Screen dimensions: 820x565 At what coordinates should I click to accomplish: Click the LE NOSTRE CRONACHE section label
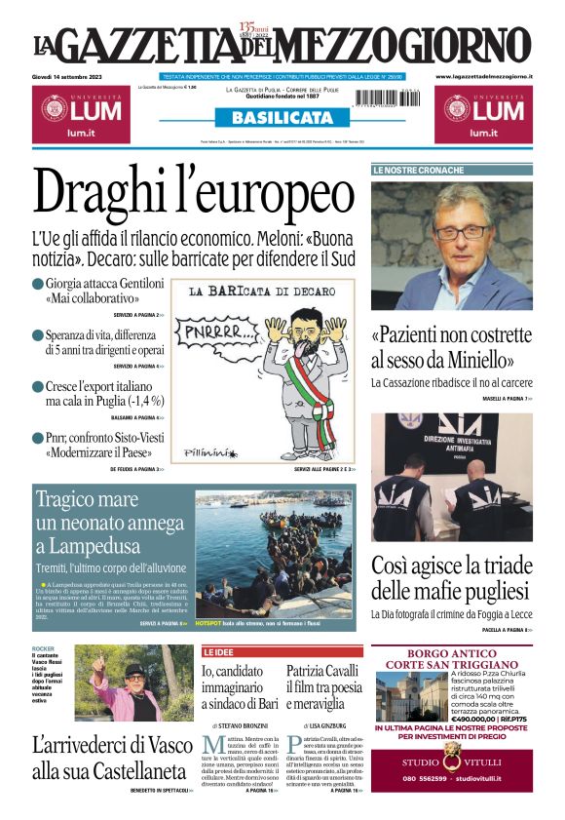(x=419, y=170)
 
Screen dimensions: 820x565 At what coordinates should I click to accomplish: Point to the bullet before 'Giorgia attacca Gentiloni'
(x=37, y=283)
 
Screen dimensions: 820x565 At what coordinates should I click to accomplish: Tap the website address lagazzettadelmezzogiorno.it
(x=483, y=76)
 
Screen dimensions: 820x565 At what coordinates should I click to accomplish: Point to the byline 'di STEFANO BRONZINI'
(x=240, y=726)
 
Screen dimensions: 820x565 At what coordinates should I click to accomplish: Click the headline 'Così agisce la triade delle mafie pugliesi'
(x=451, y=577)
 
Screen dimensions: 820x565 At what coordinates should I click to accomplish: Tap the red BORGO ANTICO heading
(x=451, y=652)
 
